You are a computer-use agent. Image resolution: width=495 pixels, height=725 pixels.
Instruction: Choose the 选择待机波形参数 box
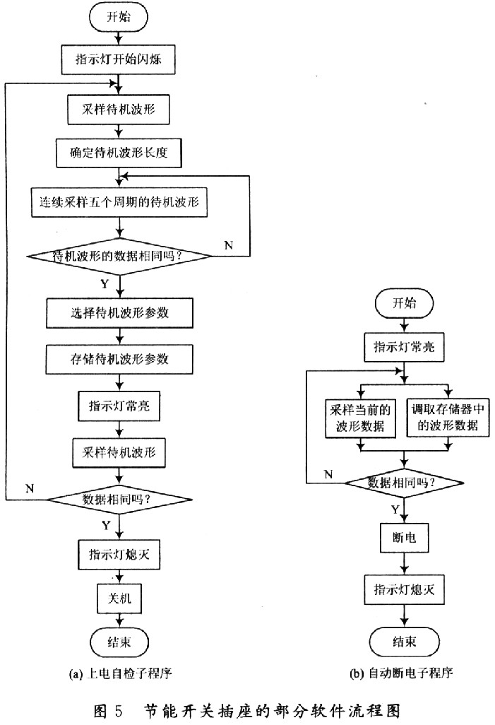click(x=119, y=313)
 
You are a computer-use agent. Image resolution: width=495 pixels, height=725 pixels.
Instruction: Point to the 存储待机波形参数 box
click(x=119, y=359)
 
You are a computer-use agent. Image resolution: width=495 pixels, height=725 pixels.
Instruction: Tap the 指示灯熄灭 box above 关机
click(x=119, y=553)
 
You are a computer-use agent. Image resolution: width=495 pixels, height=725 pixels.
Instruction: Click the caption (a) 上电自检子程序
click(x=120, y=674)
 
